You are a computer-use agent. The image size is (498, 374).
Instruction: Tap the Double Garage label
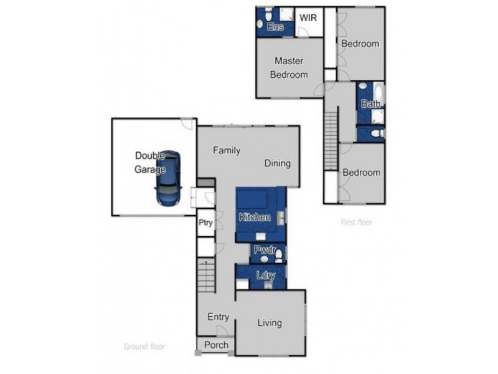pyautogui.click(x=150, y=163)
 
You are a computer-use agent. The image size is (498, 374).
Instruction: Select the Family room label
pyautogui.click(x=227, y=150)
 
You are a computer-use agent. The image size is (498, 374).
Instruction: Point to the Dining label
pyautogui.click(x=278, y=163)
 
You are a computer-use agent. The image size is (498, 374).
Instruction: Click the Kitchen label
pyautogui.click(x=255, y=217)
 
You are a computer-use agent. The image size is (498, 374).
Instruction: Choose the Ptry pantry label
pyautogui.click(x=205, y=223)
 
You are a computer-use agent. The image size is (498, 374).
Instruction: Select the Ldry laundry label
pyautogui.click(x=265, y=276)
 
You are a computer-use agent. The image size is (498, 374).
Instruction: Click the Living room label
pyautogui.click(x=270, y=323)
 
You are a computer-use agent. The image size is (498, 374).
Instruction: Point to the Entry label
pyautogui.click(x=218, y=317)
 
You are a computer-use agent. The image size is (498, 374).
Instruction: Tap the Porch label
pyautogui.click(x=216, y=345)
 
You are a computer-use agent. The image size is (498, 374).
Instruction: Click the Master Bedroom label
pyautogui.click(x=289, y=68)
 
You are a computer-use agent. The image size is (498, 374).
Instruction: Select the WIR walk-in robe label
pyautogui.click(x=308, y=17)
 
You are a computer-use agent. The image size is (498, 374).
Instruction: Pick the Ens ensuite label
pyautogui.click(x=275, y=27)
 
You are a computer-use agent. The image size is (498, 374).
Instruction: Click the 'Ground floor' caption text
pyautogui.click(x=144, y=347)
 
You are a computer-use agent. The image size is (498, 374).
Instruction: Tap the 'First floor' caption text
pyautogui.click(x=357, y=222)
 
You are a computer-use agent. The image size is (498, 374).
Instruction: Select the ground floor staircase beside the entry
pyautogui.click(x=207, y=276)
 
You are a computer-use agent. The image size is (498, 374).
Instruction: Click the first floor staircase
pyautogui.click(x=331, y=137)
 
